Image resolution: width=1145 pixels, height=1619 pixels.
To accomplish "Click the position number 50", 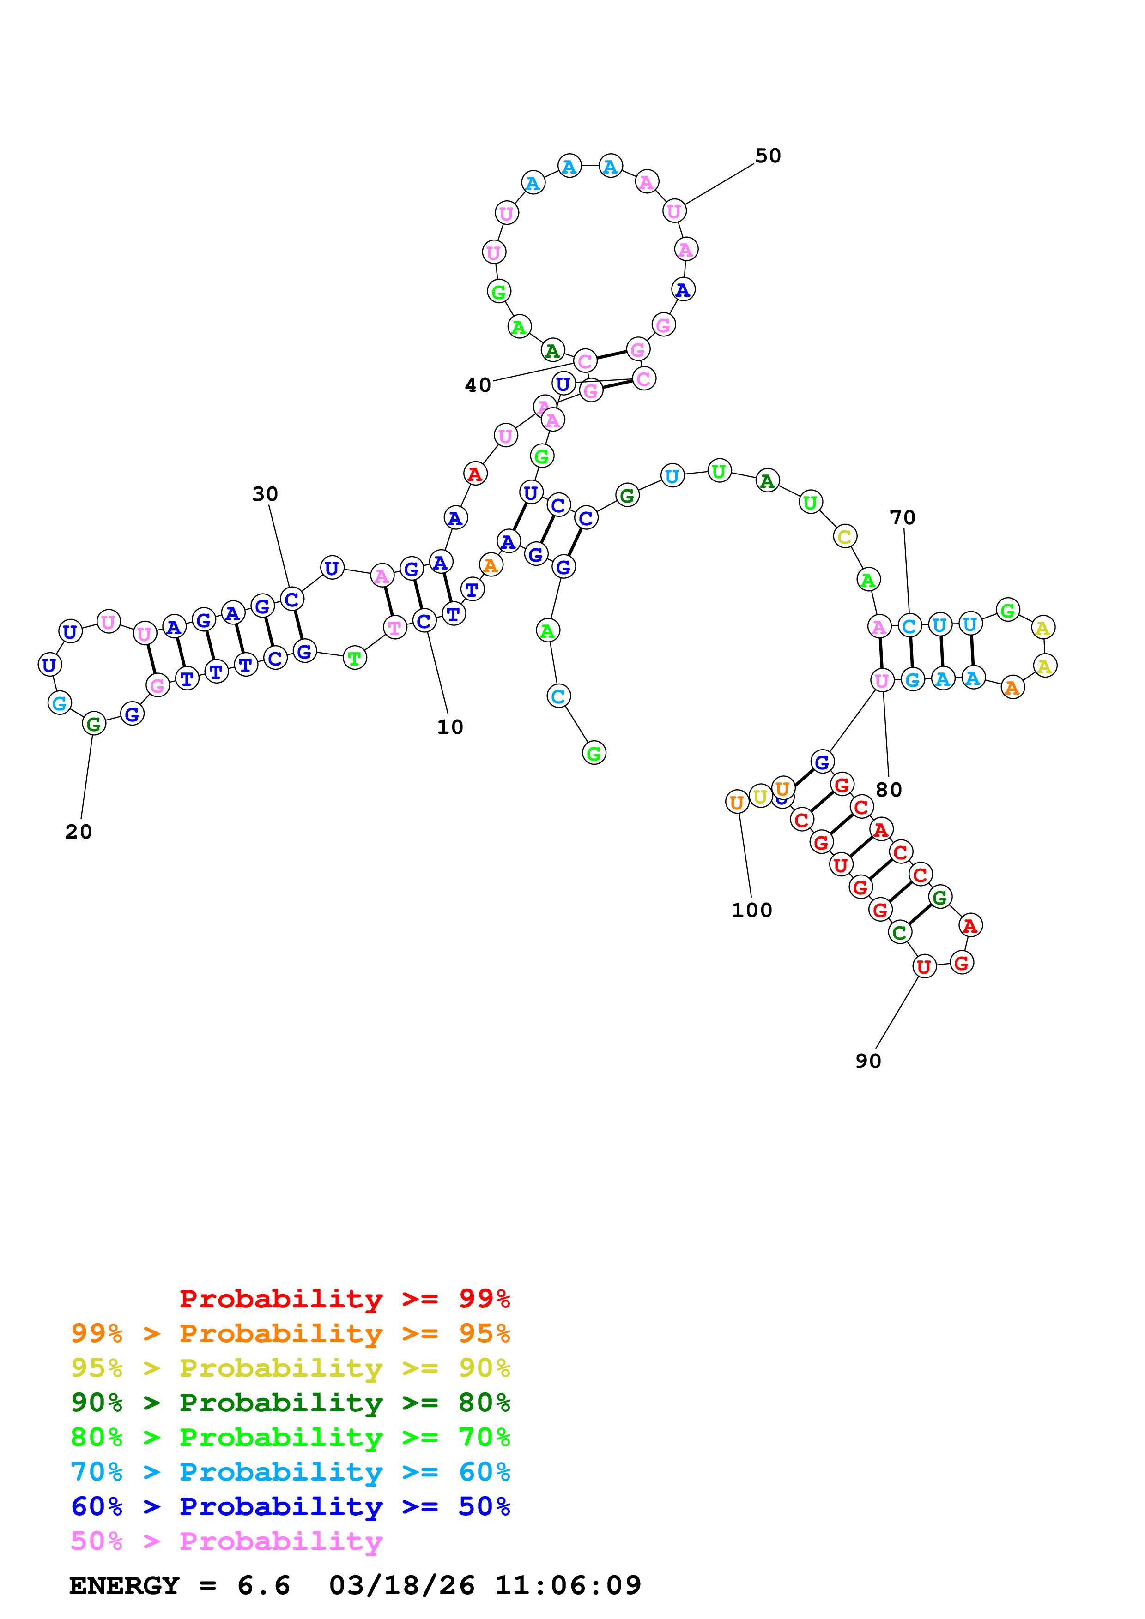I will tap(768, 156).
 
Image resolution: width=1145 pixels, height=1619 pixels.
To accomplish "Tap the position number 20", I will tap(79, 832).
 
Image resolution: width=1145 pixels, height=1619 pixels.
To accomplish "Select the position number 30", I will tap(265, 494).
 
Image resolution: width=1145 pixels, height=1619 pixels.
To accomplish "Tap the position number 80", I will tap(889, 790).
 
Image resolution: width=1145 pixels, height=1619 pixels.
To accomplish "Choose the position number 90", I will tap(868, 1061).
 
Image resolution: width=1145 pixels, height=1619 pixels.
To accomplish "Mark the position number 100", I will tap(752, 910).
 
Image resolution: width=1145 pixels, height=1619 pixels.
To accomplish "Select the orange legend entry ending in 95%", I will tap(290, 1333).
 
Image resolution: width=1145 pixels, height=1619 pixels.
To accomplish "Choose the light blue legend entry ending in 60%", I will tap(290, 1472).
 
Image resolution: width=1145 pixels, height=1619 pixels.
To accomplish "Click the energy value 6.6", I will tap(264, 1586).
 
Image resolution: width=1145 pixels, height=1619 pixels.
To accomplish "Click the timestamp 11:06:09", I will tap(568, 1586).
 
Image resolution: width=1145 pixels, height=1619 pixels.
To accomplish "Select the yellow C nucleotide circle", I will tap(844, 537).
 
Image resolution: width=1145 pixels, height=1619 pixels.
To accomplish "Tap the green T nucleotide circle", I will tap(355, 658).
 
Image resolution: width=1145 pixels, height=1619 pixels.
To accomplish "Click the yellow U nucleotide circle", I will tap(760, 797).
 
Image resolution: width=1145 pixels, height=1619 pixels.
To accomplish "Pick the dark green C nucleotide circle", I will tap(899, 933).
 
